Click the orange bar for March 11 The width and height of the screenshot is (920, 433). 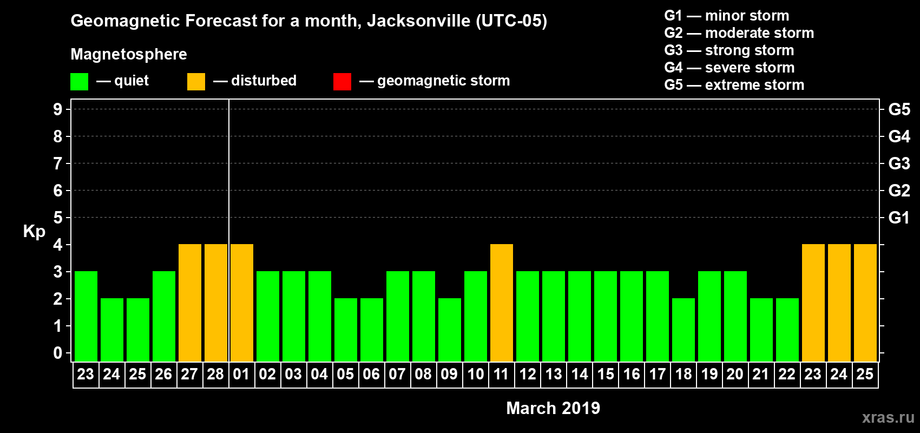pos(502,303)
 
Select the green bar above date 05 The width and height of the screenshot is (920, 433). pos(346,330)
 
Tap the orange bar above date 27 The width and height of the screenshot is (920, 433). pos(190,303)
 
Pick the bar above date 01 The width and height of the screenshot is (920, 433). pos(242,303)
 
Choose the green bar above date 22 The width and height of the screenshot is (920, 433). pos(787,330)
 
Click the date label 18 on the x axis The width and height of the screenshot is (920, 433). pos(684,374)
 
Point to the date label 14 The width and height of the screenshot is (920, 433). pos(580,374)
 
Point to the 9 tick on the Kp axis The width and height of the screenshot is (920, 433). pos(58,109)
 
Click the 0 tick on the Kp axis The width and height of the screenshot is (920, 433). pos(58,353)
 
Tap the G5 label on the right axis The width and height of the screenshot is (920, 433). pos(899,109)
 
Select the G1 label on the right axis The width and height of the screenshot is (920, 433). pos(899,218)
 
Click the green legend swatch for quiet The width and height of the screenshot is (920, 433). pos(80,82)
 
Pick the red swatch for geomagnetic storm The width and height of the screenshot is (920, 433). pos(342,82)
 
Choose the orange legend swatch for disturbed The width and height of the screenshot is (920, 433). pos(196,82)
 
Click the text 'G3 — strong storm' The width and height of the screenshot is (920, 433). pos(729,50)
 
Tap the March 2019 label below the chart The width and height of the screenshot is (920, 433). pos(553,408)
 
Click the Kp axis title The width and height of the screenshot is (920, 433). pos(34,232)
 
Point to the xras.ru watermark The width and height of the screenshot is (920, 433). pos(888,417)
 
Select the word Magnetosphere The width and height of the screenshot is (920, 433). pos(129,54)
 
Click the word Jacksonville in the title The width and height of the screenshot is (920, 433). pos(419,21)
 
